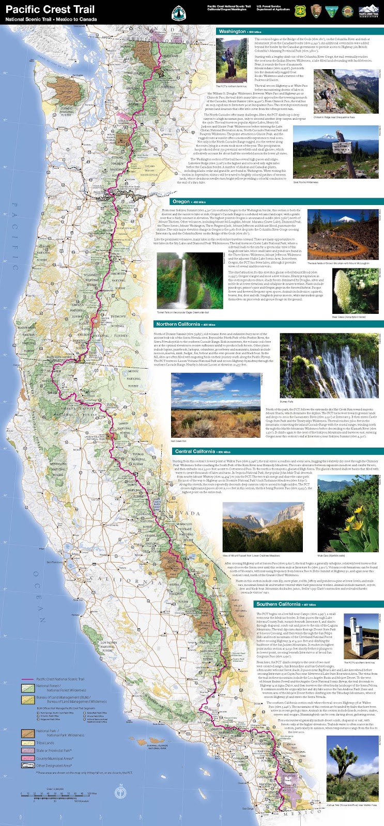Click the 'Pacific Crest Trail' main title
[x=50, y=9]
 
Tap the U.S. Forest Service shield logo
[x=300, y=10]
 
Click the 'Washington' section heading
[x=233, y=31]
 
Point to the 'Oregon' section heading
[x=181, y=201]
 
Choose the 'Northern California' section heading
[x=178, y=324]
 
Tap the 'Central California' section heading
[x=194, y=452]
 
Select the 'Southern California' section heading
[x=278, y=604]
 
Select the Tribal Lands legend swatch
[x=27, y=743]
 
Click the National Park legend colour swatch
[x=27, y=733]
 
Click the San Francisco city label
[x=55, y=561]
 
